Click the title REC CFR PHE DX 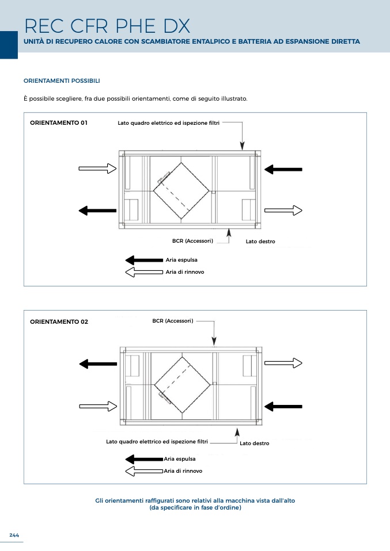pyautogui.click(x=107, y=26)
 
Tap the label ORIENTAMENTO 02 pyautogui.click(x=59, y=322)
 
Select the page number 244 pyautogui.click(x=14, y=535)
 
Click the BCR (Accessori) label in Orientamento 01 pyautogui.click(x=192, y=241)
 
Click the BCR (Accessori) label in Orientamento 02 pyautogui.click(x=172, y=320)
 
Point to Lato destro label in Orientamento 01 pyautogui.click(x=260, y=242)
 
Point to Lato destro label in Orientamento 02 pyautogui.click(x=254, y=443)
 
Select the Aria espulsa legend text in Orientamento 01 pyautogui.click(x=181, y=261)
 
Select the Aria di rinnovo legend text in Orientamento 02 pyautogui.click(x=183, y=470)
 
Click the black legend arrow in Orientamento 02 pyautogui.click(x=144, y=459)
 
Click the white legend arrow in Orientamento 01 pyautogui.click(x=144, y=271)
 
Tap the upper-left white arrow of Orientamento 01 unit pyautogui.click(x=97, y=168)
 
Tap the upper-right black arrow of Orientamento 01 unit pyautogui.click(x=283, y=169)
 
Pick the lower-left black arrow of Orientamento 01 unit pyautogui.click(x=97, y=210)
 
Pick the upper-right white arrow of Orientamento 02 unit pyautogui.click(x=283, y=363)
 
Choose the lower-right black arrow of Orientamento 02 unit pyautogui.click(x=283, y=406)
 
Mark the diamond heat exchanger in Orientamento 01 pyautogui.click(x=181, y=190)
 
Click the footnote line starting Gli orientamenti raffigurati pyautogui.click(x=195, y=500)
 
